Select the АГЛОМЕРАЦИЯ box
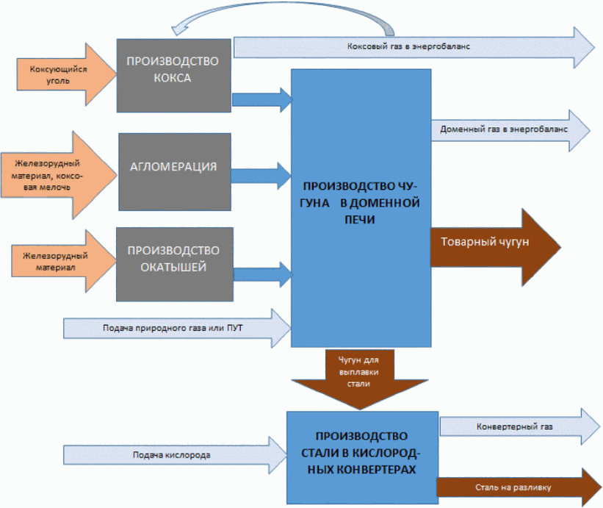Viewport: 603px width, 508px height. (x=173, y=166)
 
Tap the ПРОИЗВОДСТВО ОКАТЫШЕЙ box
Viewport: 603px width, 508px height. (x=174, y=264)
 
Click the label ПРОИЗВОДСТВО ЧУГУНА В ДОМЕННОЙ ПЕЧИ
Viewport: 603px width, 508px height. (x=361, y=200)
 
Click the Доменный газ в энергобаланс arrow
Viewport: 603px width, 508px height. (x=507, y=130)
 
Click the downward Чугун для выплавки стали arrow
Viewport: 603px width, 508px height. (x=359, y=376)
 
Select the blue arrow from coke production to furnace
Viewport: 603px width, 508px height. (x=261, y=99)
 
